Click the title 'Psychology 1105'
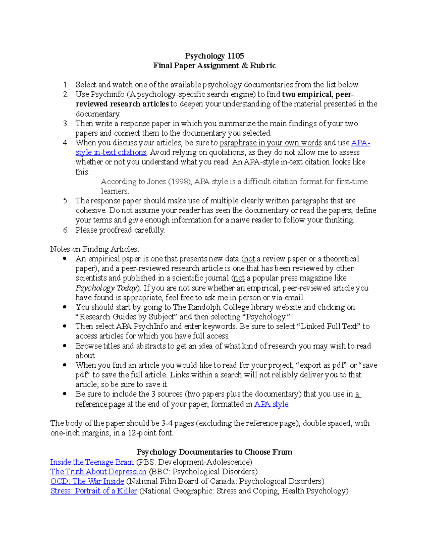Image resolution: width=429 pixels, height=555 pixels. click(x=214, y=56)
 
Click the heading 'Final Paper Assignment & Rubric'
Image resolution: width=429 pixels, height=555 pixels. click(x=214, y=65)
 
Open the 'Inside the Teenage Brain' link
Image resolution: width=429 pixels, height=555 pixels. click(x=92, y=462)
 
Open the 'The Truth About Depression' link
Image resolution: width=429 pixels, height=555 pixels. click(x=98, y=472)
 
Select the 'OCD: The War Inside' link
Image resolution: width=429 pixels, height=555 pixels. click(x=87, y=481)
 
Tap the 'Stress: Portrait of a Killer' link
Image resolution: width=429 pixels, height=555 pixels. click(x=94, y=491)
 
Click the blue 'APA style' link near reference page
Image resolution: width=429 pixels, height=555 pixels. click(x=271, y=404)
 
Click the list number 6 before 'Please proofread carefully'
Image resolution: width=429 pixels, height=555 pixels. click(x=65, y=230)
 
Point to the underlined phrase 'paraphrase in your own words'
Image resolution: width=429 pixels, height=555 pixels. click(x=270, y=143)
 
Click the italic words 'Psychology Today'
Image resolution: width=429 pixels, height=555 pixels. click(x=106, y=288)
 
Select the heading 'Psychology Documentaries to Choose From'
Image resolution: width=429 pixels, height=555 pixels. click(x=214, y=452)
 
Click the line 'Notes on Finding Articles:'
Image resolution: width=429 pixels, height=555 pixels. click(x=95, y=249)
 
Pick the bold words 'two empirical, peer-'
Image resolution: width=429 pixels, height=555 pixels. click(x=318, y=94)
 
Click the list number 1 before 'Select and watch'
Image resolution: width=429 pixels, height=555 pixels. click(x=65, y=85)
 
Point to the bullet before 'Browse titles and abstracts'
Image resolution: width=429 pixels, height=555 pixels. click(x=65, y=346)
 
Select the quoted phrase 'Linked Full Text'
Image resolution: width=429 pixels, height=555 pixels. click(x=329, y=326)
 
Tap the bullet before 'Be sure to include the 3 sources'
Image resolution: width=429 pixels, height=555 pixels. click(x=65, y=394)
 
